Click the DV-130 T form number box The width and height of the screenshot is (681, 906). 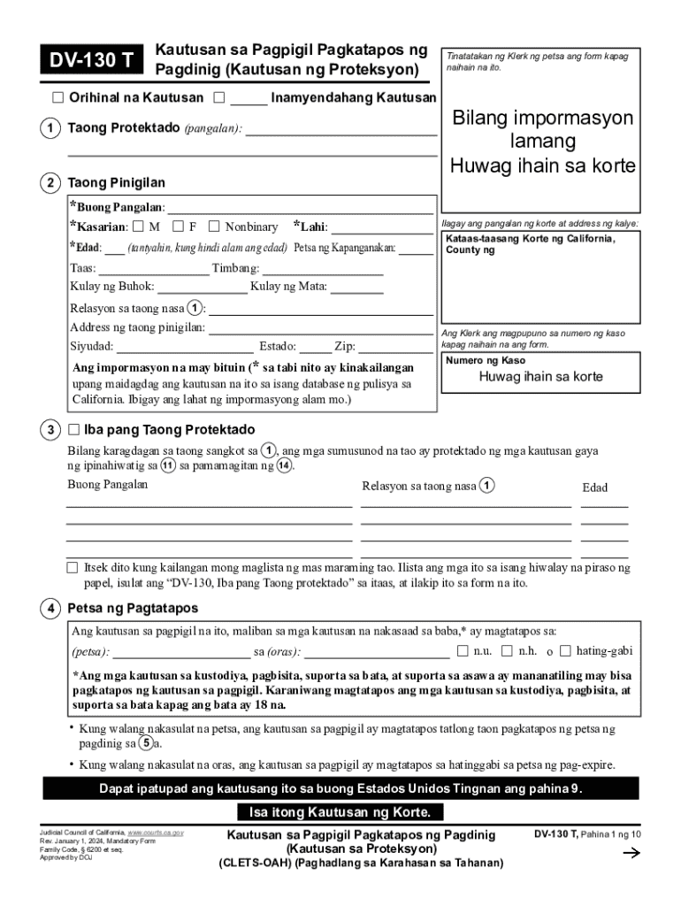93,60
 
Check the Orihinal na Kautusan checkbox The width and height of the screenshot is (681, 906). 57,98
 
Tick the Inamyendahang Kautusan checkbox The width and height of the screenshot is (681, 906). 219,98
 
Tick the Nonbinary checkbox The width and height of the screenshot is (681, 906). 214,227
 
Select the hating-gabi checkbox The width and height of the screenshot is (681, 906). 565,651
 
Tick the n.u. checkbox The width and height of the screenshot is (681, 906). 463,651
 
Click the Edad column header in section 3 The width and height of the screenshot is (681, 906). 594,488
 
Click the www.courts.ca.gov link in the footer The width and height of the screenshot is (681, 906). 156,833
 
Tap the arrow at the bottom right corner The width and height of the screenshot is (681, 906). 631,853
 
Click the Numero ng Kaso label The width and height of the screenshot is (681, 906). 486,361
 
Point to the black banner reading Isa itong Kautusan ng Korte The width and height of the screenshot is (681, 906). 340,813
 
